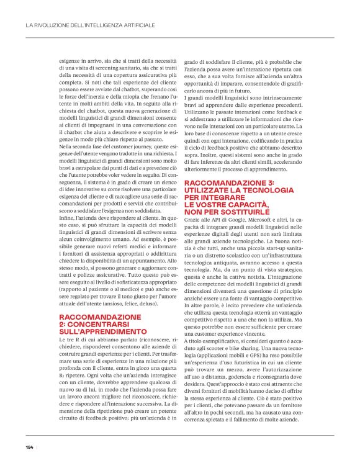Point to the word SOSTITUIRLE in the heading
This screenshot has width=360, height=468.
pos(227,212)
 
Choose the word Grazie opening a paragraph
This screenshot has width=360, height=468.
pos(194,219)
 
